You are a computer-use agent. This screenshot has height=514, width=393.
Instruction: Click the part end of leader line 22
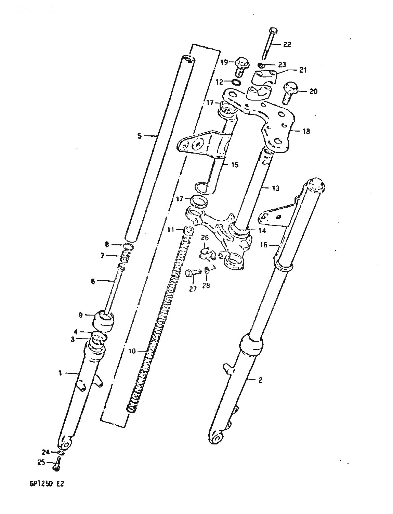pyautogui.click(x=271, y=44)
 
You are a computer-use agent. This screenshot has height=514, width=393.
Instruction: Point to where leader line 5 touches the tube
pyautogui.click(x=157, y=136)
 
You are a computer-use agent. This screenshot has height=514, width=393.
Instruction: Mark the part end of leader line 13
pyautogui.click(x=263, y=188)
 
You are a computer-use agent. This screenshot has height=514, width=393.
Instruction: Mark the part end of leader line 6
pyautogui.click(x=115, y=281)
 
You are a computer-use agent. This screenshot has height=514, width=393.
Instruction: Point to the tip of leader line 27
pyautogui.click(x=193, y=277)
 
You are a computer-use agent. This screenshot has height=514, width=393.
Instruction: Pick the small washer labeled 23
pyautogui.click(x=261, y=64)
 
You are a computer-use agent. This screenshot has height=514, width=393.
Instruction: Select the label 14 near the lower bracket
pyautogui.click(x=262, y=230)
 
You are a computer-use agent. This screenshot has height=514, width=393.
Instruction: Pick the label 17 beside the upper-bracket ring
pyautogui.click(x=210, y=103)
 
